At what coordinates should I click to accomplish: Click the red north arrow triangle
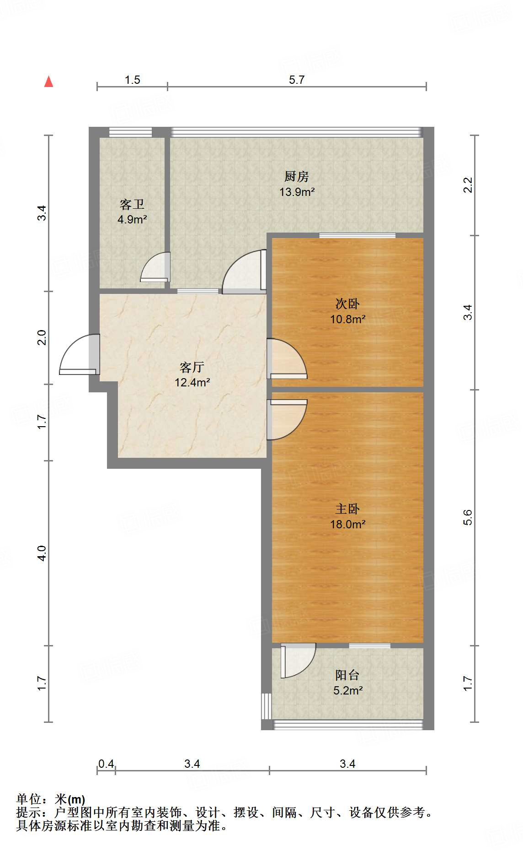(x=48, y=81)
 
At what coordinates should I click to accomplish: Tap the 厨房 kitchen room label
(x=297, y=176)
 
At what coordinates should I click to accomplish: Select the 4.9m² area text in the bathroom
(x=132, y=220)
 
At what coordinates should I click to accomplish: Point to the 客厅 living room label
(x=192, y=367)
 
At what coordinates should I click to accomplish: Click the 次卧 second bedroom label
(x=347, y=304)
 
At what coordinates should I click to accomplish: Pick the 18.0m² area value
(x=348, y=524)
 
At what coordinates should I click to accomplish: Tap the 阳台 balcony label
(x=347, y=675)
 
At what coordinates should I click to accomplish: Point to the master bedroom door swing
(x=287, y=419)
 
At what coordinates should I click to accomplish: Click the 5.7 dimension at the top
(x=297, y=80)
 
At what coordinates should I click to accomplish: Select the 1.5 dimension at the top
(x=133, y=80)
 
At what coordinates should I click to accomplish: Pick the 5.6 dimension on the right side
(x=467, y=517)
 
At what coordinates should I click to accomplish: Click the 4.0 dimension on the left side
(x=42, y=553)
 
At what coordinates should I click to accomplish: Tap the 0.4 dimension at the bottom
(x=106, y=764)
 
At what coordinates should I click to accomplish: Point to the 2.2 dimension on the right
(x=467, y=185)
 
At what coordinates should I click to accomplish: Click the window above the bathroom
(x=130, y=132)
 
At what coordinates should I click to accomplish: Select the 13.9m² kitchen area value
(x=297, y=192)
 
